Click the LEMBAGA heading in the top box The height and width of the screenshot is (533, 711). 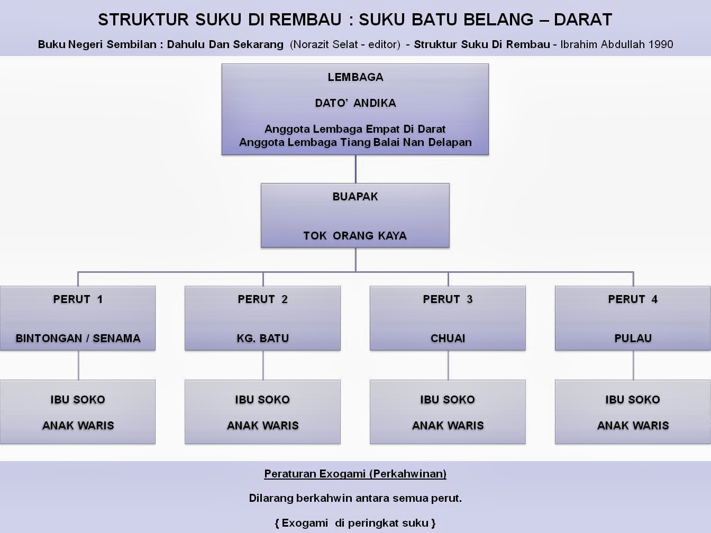(355, 77)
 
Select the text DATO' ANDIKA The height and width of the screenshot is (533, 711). (355, 103)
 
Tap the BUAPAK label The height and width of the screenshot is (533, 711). (355, 197)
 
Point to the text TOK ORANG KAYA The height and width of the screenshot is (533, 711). (355, 236)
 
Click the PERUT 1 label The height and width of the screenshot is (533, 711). (78, 299)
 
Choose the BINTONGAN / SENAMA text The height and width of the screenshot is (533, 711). (78, 338)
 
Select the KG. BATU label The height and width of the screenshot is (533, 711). (262, 338)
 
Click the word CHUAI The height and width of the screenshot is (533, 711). (448, 338)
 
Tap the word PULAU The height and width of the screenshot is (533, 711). (633, 338)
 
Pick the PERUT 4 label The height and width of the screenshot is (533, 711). (633, 299)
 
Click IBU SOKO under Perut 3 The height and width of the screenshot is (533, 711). (448, 400)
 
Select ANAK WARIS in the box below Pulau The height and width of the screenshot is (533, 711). (633, 426)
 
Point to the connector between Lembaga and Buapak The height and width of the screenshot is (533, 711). (355, 169)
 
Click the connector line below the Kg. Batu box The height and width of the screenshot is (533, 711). (263, 365)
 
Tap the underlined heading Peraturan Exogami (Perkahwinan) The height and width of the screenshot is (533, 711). (355, 474)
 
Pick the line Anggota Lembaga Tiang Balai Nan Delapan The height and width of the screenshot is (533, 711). (355, 142)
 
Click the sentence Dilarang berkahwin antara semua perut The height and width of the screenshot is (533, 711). (355, 498)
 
